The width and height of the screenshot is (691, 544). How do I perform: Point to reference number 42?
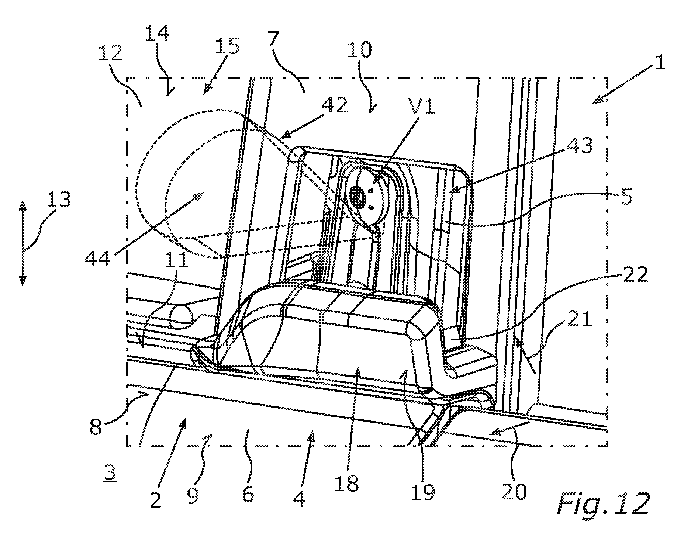(334, 106)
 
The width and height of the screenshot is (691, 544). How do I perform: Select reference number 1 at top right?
(660, 62)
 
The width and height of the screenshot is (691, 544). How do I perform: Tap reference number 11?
(176, 260)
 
